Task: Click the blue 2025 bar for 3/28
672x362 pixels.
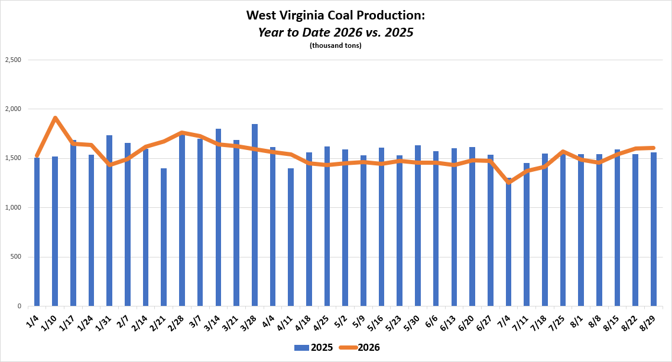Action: click(x=255, y=215)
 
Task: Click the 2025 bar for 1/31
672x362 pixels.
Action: click(x=109, y=221)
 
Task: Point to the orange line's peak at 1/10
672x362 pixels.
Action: click(x=56, y=118)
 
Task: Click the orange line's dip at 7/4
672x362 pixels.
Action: click(x=509, y=182)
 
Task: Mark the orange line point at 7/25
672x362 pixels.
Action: click(x=563, y=151)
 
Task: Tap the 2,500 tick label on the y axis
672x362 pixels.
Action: click(x=13, y=60)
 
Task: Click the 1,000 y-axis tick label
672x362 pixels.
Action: click(x=13, y=208)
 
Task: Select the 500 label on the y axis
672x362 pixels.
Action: click(x=16, y=257)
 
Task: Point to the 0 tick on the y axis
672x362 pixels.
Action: click(x=20, y=306)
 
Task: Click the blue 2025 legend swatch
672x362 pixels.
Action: click(x=301, y=348)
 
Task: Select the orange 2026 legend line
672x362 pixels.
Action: click(x=348, y=348)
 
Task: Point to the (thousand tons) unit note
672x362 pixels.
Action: click(x=336, y=45)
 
